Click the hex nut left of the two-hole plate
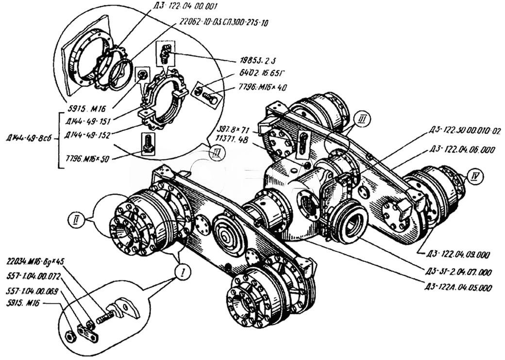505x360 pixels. coord(69,335)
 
